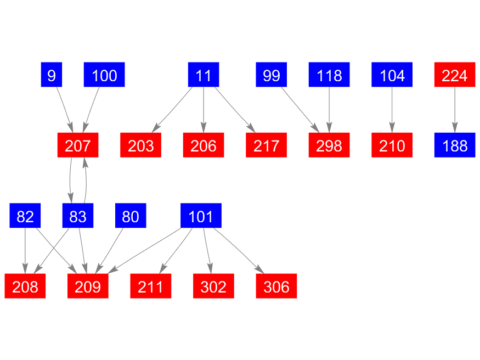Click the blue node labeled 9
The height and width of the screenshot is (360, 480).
[52, 75]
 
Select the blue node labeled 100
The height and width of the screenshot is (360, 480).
[104, 75]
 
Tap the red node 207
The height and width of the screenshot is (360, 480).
[78, 145]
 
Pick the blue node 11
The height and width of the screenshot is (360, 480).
[204, 75]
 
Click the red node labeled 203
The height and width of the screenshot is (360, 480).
[141, 145]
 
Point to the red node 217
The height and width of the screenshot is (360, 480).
[266, 145]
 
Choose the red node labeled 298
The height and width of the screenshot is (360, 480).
[329, 145]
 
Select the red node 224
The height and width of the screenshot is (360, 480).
[455, 75]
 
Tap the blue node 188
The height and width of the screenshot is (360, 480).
[455, 145]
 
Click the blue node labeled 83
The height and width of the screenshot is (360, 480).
[78, 216]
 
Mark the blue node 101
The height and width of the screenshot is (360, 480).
[201, 216]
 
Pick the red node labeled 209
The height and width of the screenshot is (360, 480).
[88, 286]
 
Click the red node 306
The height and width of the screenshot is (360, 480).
[276, 286]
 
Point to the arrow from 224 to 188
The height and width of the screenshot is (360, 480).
[455, 110]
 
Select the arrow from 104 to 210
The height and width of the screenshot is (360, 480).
[392, 110]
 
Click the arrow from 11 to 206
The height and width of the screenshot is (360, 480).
[204, 110]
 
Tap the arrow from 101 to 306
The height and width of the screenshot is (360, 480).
[239, 251]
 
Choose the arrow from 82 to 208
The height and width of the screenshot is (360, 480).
[25, 251]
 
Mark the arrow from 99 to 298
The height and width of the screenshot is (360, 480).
[300, 110]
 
